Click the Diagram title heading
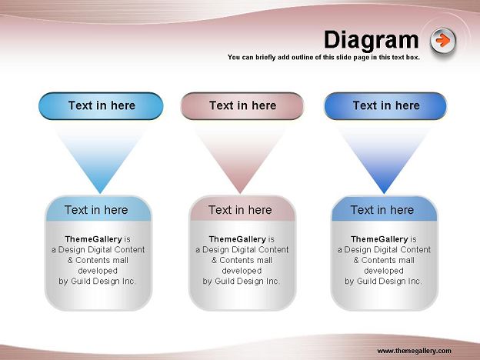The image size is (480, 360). (x=371, y=41)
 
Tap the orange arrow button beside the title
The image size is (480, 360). (x=443, y=41)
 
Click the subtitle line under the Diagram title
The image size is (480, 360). (x=324, y=57)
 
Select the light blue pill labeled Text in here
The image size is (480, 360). (x=101, y=106)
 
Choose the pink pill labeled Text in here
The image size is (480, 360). (x=242, y=106)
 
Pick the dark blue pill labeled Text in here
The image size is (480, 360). (x=385, y=106)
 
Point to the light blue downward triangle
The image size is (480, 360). (x=100, y=156)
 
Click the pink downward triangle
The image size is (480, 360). (x=240, y=156)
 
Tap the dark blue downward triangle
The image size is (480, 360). (x=384, y=156)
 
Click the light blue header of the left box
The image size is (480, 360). (x=98, y=209)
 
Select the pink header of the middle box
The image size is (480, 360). (x=242, y=209)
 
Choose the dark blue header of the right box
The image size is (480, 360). (x=385, y=209)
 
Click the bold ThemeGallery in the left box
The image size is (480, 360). (x=93, y=239)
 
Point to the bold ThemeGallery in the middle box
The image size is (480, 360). (x=237, y=239)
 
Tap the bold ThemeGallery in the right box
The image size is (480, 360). (x=379, y=239)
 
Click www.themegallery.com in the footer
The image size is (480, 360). (x=414, y=351)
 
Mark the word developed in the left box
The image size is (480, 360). (x=98, y=271)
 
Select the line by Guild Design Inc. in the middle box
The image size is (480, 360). (x=242, y=281)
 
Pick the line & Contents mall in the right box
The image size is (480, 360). (x=384, y=260)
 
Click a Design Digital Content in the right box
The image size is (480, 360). (x=384, y=250)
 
